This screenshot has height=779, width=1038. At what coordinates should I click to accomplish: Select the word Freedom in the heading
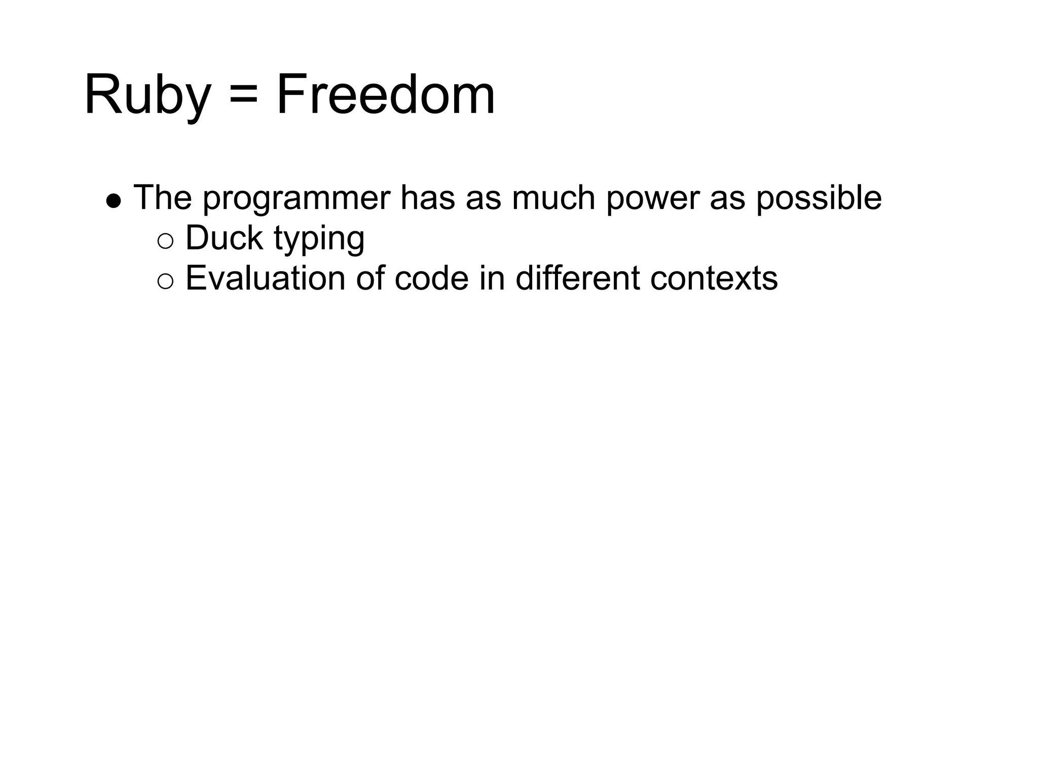click(385, 95)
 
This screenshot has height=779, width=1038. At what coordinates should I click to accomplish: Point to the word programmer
click(296, 199)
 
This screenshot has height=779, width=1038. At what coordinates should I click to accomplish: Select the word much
click(553, 198)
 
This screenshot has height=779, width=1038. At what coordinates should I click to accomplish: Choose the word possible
click(819, 198)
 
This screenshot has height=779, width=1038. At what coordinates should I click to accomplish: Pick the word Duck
click(224, 238)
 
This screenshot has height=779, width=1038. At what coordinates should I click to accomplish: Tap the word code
click(431, 278)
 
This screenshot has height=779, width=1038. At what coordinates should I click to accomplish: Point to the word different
click(577, 278)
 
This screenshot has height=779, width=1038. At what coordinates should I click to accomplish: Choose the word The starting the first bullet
click(163, 198)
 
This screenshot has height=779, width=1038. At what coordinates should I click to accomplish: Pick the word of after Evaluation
click(369, 278)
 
